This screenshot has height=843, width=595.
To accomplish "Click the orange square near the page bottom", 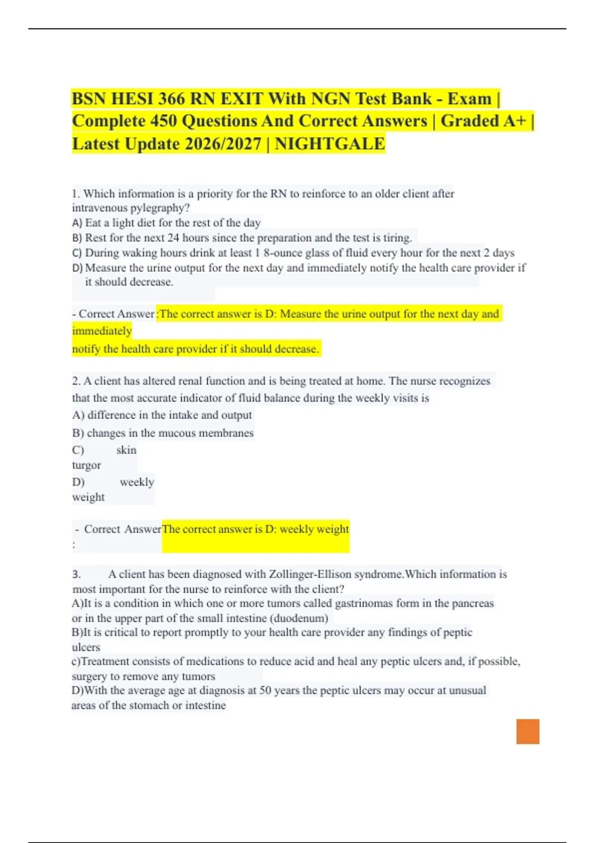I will tap(528, 731).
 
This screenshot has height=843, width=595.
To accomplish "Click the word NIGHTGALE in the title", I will tap(330, 144).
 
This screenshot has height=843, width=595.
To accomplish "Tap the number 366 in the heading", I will tap(172, 99).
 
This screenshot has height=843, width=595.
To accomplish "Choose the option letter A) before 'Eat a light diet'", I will tap(77, 223).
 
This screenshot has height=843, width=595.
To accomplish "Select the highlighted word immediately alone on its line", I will tap(102, 331).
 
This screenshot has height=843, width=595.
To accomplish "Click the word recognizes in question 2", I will tap(465, 381).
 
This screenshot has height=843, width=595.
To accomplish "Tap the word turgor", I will tap(86, 465).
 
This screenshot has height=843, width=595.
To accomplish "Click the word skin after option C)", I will tap(126, 450).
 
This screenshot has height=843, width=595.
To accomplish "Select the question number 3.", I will tap(76, 574).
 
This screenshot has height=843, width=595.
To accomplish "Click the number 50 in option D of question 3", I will tap(265, 690).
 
